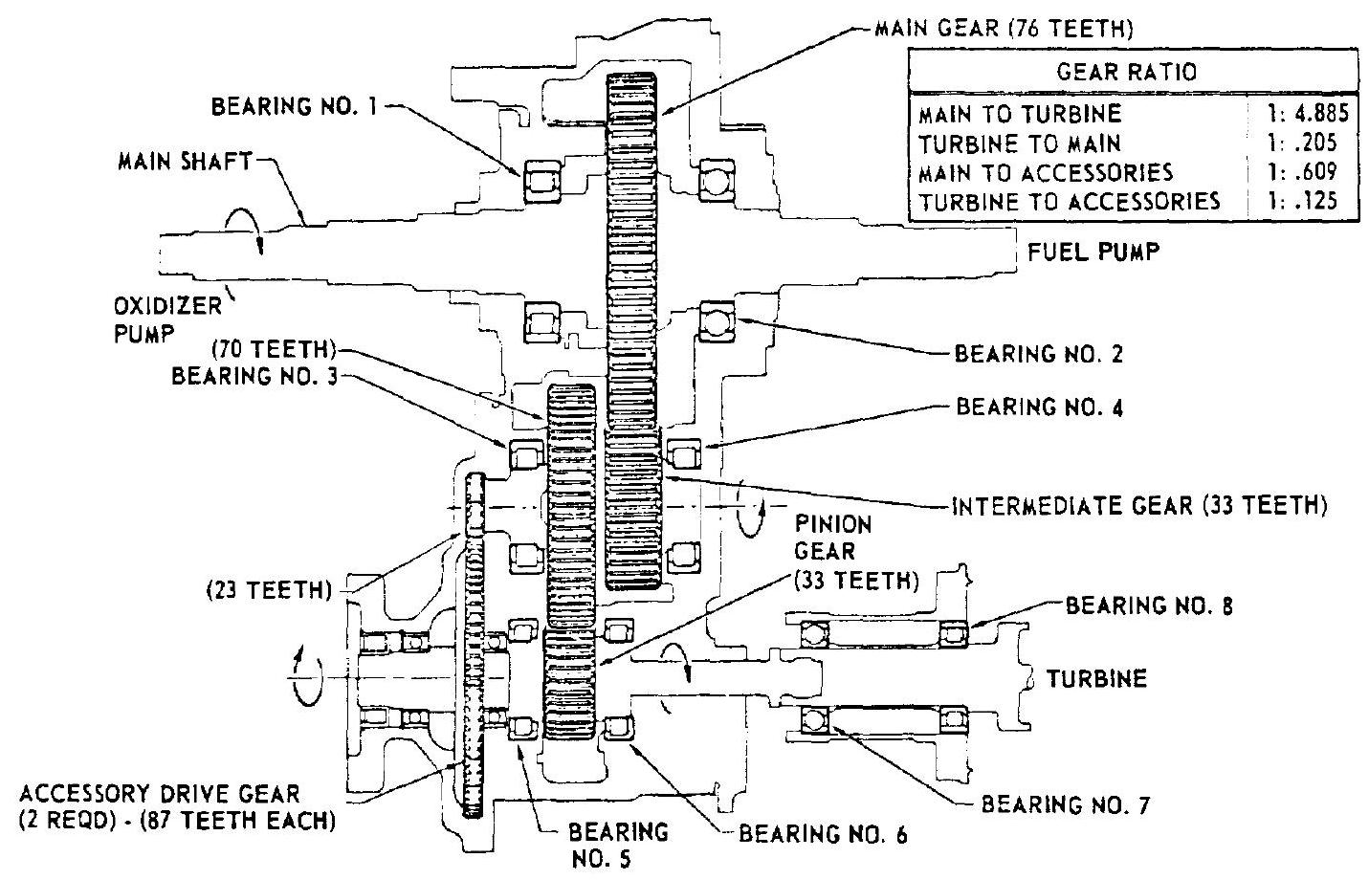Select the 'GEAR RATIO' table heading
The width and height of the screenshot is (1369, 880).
tap(1134, 72)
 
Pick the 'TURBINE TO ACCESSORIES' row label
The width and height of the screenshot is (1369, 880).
tap(1069, 202)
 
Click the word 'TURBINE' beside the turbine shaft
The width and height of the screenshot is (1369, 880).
tap(1094, 679)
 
